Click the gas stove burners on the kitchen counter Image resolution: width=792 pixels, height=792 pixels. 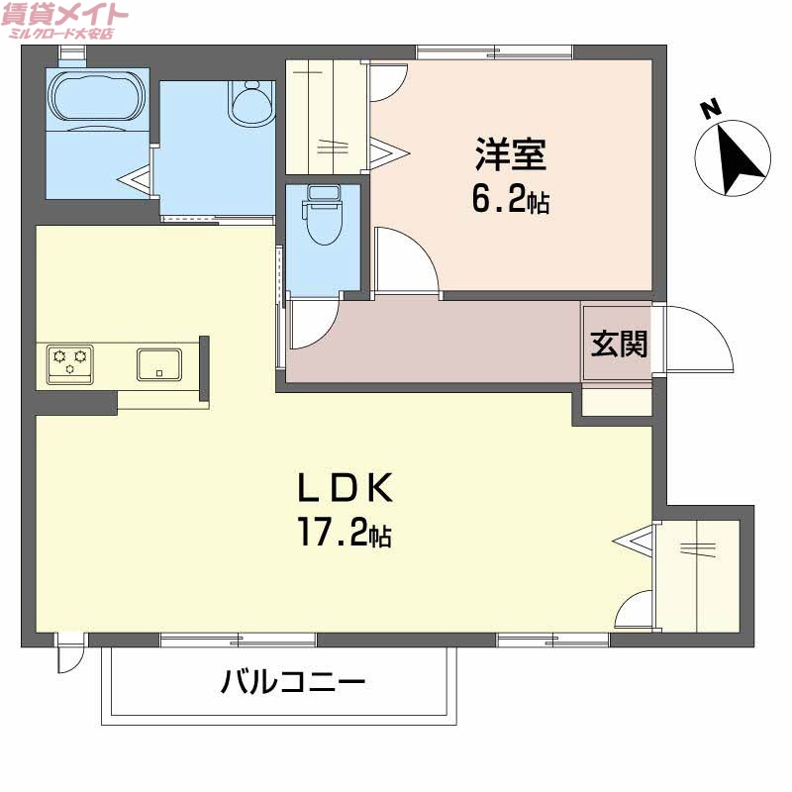(x=70, y=361)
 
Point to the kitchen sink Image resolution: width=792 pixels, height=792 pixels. (x=158, y=364)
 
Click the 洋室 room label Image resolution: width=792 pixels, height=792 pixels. (x=510, y=155)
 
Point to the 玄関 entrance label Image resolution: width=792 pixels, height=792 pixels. (x=620, y=344)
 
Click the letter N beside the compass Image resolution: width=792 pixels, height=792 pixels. (x=709, y=109)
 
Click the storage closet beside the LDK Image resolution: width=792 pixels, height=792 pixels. (x=698, y=575)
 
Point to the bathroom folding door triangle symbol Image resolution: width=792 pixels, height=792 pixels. (x=135, y=179)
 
